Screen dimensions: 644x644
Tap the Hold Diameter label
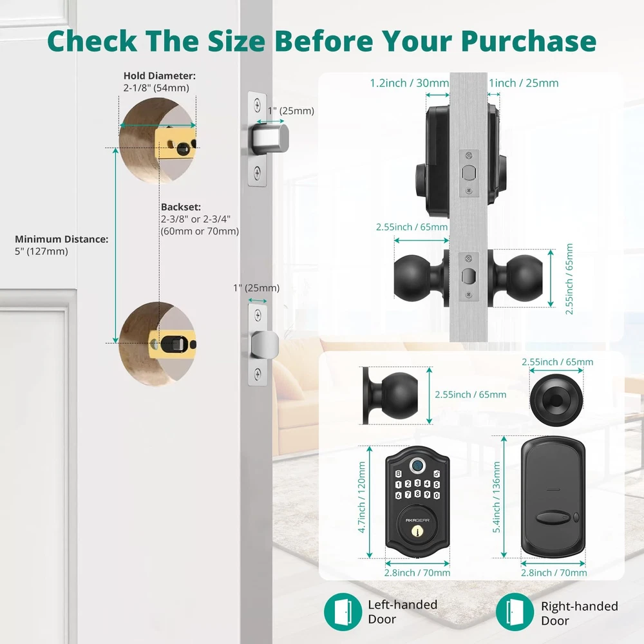click(159, 75)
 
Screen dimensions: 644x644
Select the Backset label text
click(181, 207)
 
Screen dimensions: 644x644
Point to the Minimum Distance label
click(62, 239)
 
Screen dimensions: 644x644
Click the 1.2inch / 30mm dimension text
click(410, 83)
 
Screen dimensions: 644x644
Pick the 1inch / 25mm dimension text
click(524, 83)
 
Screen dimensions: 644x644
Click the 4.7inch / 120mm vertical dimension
click(362, 497)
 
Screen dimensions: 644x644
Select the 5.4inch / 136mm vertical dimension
click(497, 497)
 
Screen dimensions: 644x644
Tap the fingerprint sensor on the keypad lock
click(417, 466)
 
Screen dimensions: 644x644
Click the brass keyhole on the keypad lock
click(417, 531)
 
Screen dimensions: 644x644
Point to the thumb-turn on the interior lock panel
click(553, 518)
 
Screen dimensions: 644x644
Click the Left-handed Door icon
click(343, 612)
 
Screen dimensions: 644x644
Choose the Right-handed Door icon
click(515, 612)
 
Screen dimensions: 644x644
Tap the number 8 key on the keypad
click(418, 494)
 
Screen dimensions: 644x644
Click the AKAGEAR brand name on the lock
click(417, 520)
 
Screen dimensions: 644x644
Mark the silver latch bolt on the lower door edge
click(265, 345)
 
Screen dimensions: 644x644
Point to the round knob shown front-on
click(556, 397)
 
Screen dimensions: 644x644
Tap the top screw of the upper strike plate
click(257, 105)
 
